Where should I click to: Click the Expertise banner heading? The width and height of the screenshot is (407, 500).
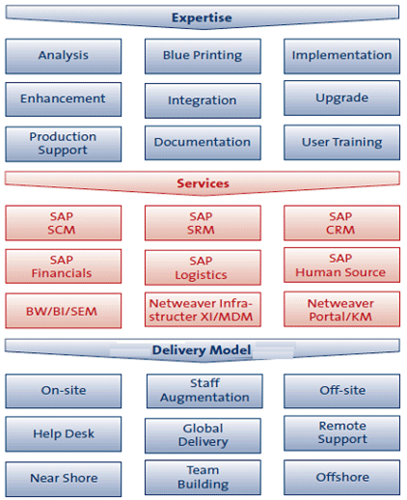(203, 17)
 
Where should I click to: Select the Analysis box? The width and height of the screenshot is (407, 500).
(64, 56)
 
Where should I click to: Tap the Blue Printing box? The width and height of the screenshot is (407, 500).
(203, 56)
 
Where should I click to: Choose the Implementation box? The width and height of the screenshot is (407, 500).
(341, 56)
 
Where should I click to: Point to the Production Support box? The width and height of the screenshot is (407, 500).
(64, 144)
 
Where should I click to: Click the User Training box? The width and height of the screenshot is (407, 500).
(341, 142)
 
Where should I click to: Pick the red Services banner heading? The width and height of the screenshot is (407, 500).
(203, 183)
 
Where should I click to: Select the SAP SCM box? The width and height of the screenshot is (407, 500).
(64, 223)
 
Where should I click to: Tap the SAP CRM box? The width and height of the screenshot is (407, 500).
(341, 223)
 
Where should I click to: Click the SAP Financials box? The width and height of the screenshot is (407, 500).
(64, 266)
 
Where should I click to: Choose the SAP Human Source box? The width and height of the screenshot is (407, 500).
(341, 265)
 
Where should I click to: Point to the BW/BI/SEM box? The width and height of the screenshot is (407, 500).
(64, 311)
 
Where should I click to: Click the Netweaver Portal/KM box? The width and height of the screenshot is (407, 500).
(341, 309)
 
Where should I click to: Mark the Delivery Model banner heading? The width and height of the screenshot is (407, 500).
(202, 350)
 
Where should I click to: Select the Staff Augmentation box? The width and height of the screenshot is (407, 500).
(204, 391)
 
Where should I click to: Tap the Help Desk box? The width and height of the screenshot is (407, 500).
(64, 434)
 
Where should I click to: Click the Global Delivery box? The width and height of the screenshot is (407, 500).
(203, 435)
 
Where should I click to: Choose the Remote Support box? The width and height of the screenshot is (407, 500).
(341, 433)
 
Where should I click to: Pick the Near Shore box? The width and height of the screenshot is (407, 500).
(64, 479)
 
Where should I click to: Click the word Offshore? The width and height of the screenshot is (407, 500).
(342, 477)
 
